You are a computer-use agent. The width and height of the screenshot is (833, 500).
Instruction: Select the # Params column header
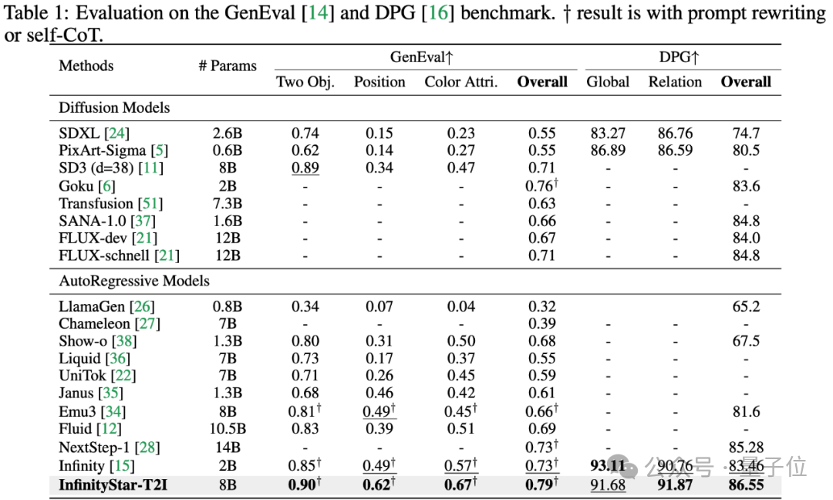228,66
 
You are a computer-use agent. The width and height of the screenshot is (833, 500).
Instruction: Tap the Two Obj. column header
305,82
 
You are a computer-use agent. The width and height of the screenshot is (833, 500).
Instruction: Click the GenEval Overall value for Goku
541,186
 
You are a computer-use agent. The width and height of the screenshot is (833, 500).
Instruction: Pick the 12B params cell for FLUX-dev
228,238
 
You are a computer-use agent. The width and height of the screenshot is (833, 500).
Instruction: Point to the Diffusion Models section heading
114,107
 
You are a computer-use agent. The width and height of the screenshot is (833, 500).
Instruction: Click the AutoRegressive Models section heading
134,281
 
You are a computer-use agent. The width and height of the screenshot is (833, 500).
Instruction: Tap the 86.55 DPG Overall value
745,484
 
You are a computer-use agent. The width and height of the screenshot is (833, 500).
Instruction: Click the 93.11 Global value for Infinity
608,465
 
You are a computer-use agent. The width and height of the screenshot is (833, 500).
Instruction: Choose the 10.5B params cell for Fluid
228,428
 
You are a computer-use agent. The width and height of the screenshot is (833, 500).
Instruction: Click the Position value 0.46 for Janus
379,394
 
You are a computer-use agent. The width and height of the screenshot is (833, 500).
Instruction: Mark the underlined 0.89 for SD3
305,167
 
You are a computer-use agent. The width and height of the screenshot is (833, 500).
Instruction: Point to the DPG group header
679,57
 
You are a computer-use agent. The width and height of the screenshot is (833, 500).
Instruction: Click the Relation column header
675,82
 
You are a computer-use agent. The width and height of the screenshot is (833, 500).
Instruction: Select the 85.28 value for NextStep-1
745,448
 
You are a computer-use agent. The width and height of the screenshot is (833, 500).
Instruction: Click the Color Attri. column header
461,82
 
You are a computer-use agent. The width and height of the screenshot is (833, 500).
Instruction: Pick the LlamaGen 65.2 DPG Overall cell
745,306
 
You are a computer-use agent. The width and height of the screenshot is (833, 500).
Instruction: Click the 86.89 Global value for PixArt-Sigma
608,150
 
